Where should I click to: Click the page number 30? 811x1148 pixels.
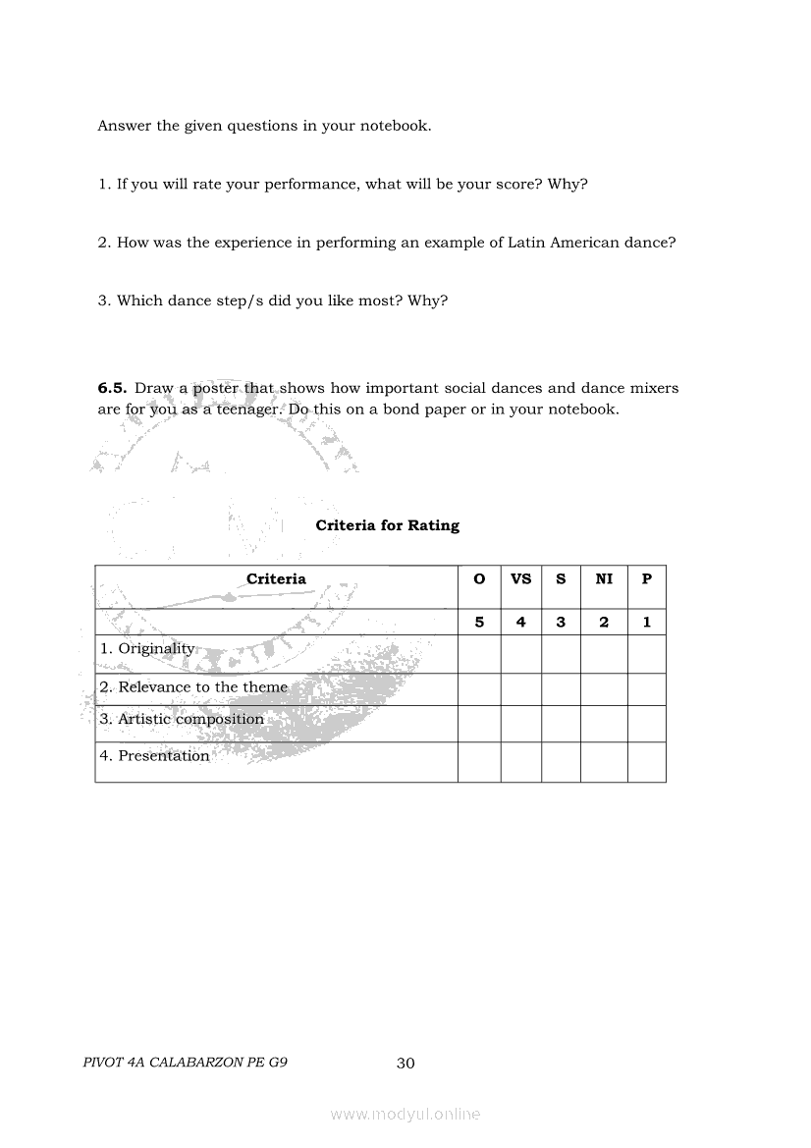405,1063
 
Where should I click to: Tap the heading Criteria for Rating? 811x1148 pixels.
387,525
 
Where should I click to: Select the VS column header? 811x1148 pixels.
520,579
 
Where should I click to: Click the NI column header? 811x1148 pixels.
604,579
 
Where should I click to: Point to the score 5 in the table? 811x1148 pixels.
479,622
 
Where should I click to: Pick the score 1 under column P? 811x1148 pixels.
646,622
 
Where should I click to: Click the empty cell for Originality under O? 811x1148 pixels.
479,654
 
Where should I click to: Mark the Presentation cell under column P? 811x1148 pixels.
646,762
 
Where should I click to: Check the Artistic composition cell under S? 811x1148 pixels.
561,724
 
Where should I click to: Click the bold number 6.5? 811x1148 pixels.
112,388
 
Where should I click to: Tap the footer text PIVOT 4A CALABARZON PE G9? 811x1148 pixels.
186,1062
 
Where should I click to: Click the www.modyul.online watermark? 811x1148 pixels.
405,1114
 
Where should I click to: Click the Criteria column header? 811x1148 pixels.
276,579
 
